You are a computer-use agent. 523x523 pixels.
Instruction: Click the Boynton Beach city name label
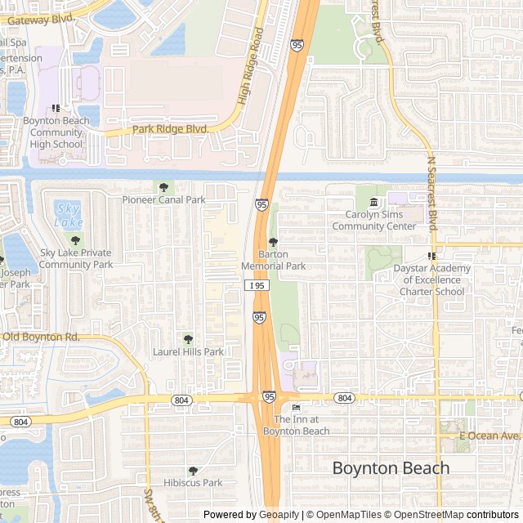point(391,468)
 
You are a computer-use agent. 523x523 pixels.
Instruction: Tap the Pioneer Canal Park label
point(164,199)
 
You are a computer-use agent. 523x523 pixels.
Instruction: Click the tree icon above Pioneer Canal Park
point(164,187)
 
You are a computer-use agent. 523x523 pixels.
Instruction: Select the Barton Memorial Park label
point(273,260)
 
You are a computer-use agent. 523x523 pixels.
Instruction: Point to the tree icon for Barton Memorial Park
point(273,242)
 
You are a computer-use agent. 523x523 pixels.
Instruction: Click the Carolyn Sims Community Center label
point(374,221)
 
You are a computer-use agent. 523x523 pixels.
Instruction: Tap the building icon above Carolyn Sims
point(374,202)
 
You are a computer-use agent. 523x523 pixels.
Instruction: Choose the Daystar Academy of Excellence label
point(432,279)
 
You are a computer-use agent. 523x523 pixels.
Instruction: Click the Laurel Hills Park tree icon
point(188,339)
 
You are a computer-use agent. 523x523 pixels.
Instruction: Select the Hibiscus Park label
point(193,483)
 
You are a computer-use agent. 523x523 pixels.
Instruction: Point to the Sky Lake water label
point(68,215)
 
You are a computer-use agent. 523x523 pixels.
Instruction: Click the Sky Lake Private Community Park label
point(75,259)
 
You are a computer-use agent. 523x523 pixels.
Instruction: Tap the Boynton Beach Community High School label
point(56,132)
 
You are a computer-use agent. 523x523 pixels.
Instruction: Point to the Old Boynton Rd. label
point(41,337)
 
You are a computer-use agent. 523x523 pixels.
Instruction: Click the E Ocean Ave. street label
point(489,436)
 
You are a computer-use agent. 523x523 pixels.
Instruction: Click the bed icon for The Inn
point(296,408)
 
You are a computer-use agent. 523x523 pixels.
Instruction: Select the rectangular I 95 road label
point(257,285)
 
